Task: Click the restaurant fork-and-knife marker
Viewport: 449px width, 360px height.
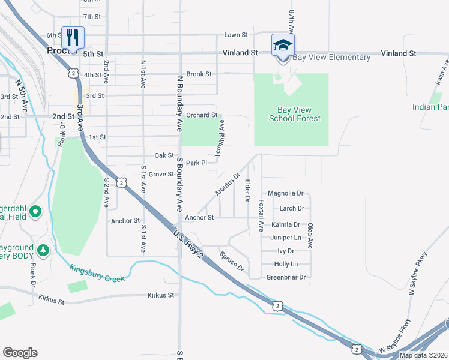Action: tap(73, 38)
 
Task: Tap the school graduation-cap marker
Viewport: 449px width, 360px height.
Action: tap(283, 44)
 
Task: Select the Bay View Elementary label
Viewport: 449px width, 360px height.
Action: tap(331, 58)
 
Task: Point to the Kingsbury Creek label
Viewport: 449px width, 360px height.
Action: tap(97, 273)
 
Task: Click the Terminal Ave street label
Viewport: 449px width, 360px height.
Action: tap(221, 134)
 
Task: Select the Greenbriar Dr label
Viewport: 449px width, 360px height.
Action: tap(286, 277)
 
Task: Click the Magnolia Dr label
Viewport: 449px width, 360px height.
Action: tap(286, 193)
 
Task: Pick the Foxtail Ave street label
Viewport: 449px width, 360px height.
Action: tap(261, 216)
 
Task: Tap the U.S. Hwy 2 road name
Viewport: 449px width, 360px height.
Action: tap(188, 244)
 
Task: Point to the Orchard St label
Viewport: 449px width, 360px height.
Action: tap(201, 115)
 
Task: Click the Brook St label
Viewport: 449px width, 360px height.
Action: tap(199, 74)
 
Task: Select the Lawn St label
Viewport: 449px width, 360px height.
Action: tap(236, 35)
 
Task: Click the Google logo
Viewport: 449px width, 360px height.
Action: tap(20, 353)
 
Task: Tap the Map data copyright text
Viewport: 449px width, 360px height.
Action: tap(423, 355)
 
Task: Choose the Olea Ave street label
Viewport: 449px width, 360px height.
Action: tap(310, 236)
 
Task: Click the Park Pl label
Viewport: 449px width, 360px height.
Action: tap(196, 163)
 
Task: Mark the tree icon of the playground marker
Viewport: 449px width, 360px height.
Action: tap(43, 249)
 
